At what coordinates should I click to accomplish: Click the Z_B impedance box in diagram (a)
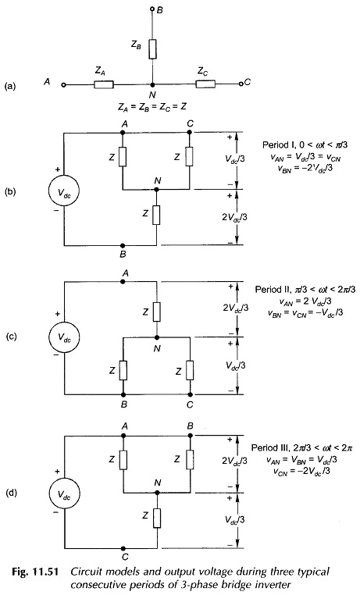[152, 49]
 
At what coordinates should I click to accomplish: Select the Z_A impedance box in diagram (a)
[104, 84]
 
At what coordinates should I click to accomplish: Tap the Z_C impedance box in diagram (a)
[205, 84]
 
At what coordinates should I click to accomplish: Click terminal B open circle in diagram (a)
[152, 9]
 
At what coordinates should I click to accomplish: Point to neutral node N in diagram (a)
[152, 84]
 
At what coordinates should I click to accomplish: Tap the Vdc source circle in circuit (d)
[64, 494]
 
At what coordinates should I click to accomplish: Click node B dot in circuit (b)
[123, 245]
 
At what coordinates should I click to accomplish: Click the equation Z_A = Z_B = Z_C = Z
[152, 107]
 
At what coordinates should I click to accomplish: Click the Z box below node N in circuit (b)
[156, 215]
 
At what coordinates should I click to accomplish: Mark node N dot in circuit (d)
[156, 493]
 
